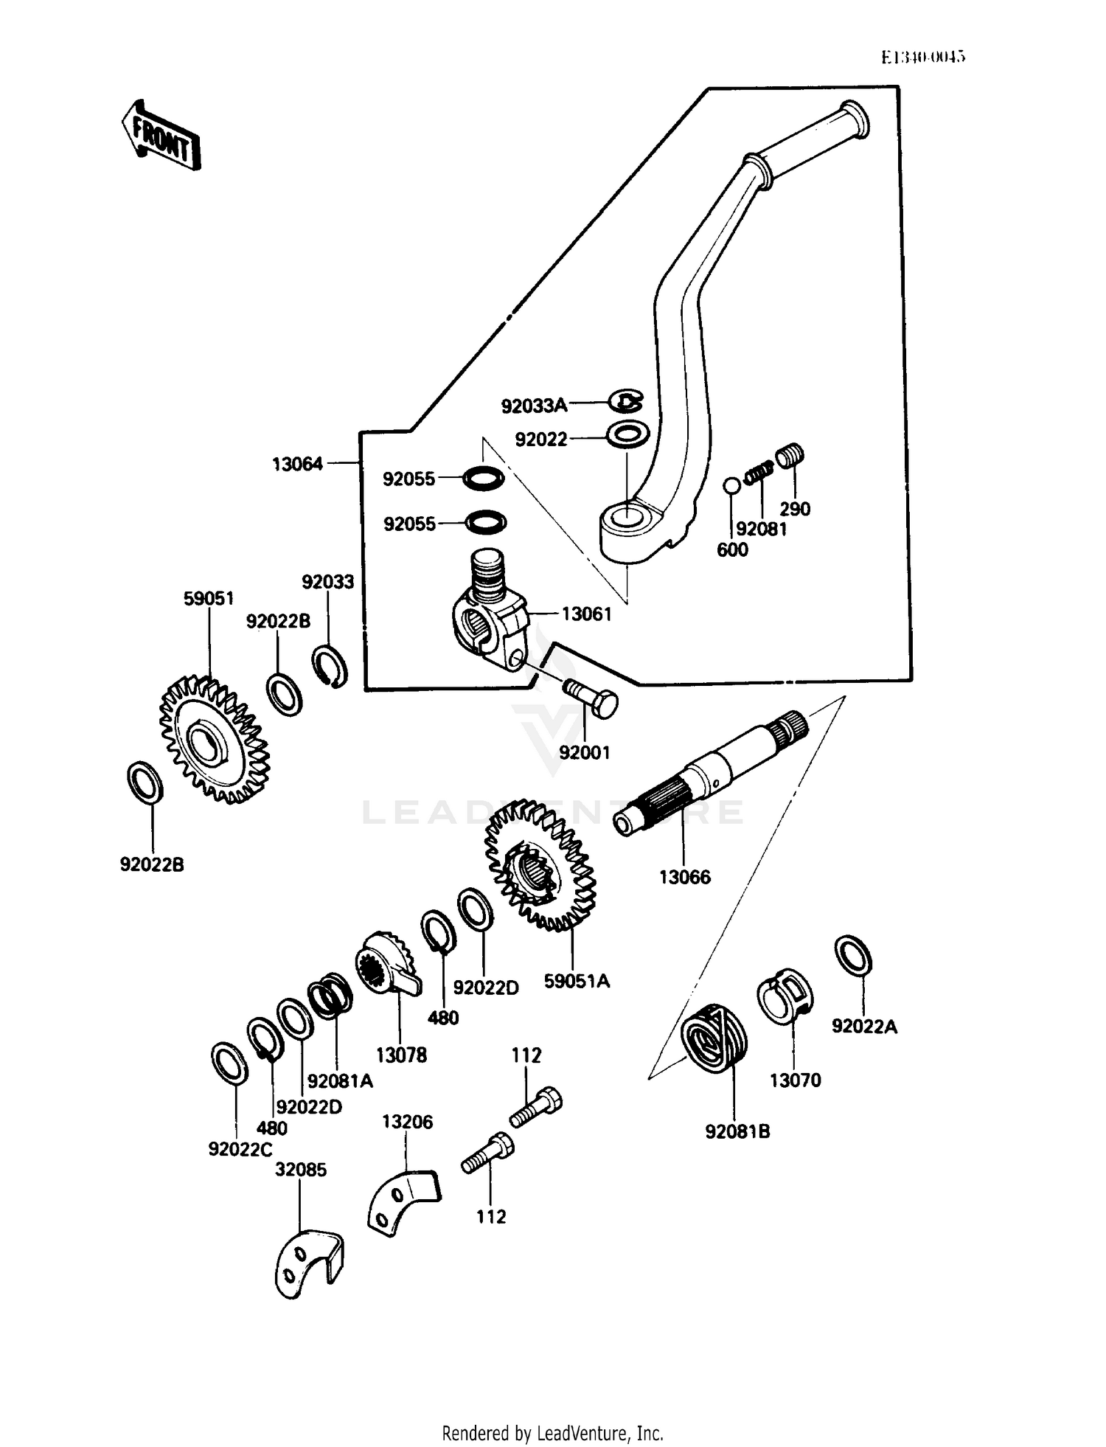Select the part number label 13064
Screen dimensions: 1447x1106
[297, 464]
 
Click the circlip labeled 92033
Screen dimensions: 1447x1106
[330, 667]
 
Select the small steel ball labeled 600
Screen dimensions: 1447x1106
[731, 485]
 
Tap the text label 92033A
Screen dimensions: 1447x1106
[534, 405]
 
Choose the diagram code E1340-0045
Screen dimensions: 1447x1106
[923, 57]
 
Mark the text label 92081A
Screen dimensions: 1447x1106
[340, 1081]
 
